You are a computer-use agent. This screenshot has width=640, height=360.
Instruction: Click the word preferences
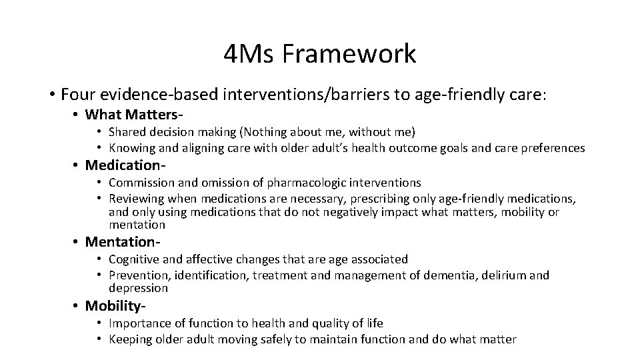[x=551, y=148]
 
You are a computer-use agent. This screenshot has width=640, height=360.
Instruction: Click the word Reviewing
[x=137, y=199]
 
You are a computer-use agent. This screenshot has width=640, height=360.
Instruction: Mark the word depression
[x=139, y=288]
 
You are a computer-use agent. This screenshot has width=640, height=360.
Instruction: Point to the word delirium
[x=505, y=275]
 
